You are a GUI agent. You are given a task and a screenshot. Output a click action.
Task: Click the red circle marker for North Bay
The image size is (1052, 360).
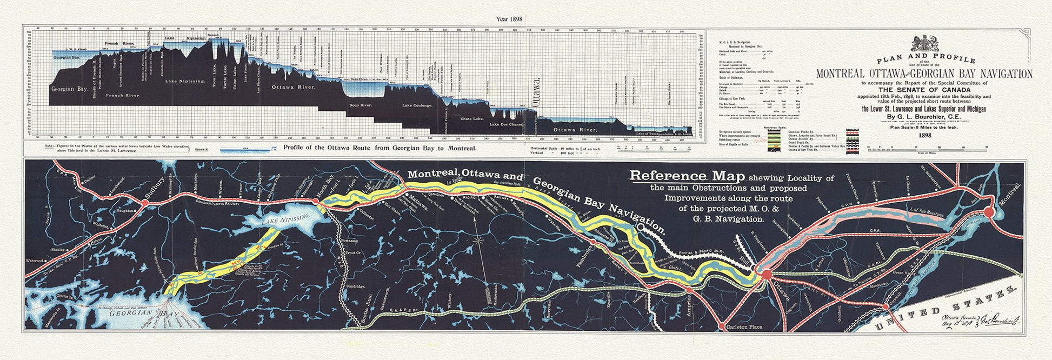click(x=316, y=202)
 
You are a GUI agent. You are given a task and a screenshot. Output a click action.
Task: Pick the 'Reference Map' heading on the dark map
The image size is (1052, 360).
click(x=687, y=176)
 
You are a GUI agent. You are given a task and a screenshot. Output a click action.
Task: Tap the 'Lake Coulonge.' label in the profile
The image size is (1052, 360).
click(x=417, y=105)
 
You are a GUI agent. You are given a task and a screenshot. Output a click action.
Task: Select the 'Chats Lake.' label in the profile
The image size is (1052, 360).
click(x=472, y=118)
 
